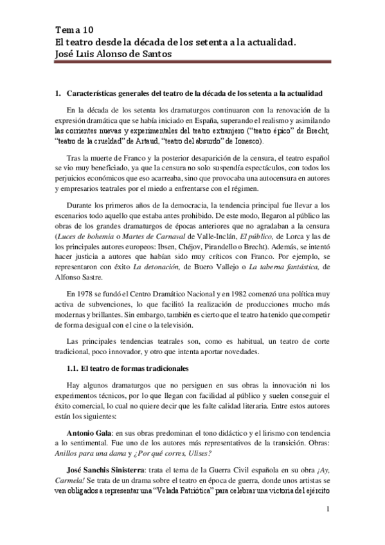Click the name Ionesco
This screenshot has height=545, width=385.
click(244, 141)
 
